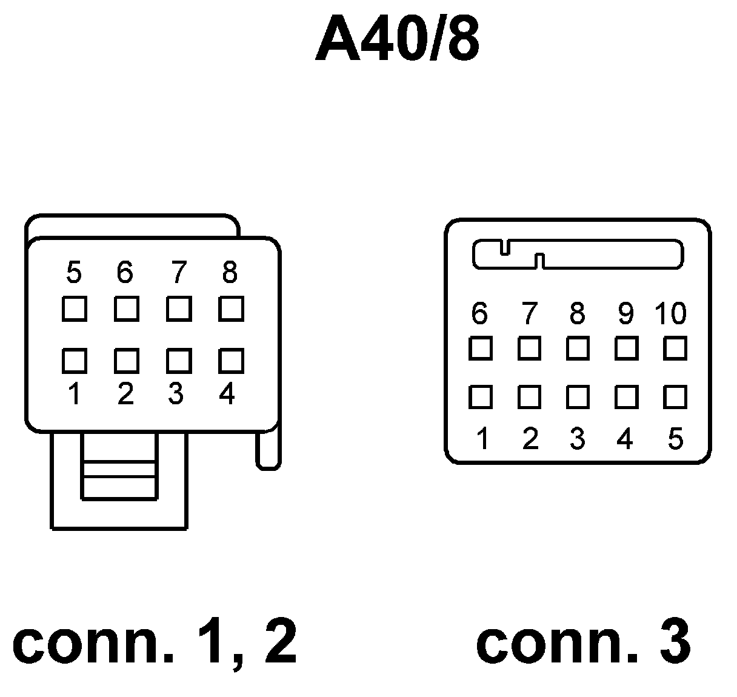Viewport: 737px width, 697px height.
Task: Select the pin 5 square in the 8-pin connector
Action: [74, 309]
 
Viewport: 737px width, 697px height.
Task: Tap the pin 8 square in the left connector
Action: [231, 309]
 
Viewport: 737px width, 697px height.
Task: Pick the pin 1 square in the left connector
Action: [74, 361]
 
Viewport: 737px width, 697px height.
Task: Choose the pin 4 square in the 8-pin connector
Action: [231, 361]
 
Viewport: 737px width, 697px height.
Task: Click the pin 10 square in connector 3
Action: [675, 349]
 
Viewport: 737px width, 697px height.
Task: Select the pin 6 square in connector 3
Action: [480, 349]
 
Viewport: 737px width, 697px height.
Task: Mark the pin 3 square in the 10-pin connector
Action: [578, 398]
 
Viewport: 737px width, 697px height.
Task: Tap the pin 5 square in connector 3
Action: [675, 398]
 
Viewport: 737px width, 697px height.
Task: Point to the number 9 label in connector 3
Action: [625, 313]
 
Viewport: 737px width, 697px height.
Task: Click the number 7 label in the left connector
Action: [178, 273]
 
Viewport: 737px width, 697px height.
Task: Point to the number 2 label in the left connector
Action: [125, 395]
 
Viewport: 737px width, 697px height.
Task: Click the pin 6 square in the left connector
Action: [126, 309]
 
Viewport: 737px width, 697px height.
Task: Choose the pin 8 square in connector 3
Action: [578, 349]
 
